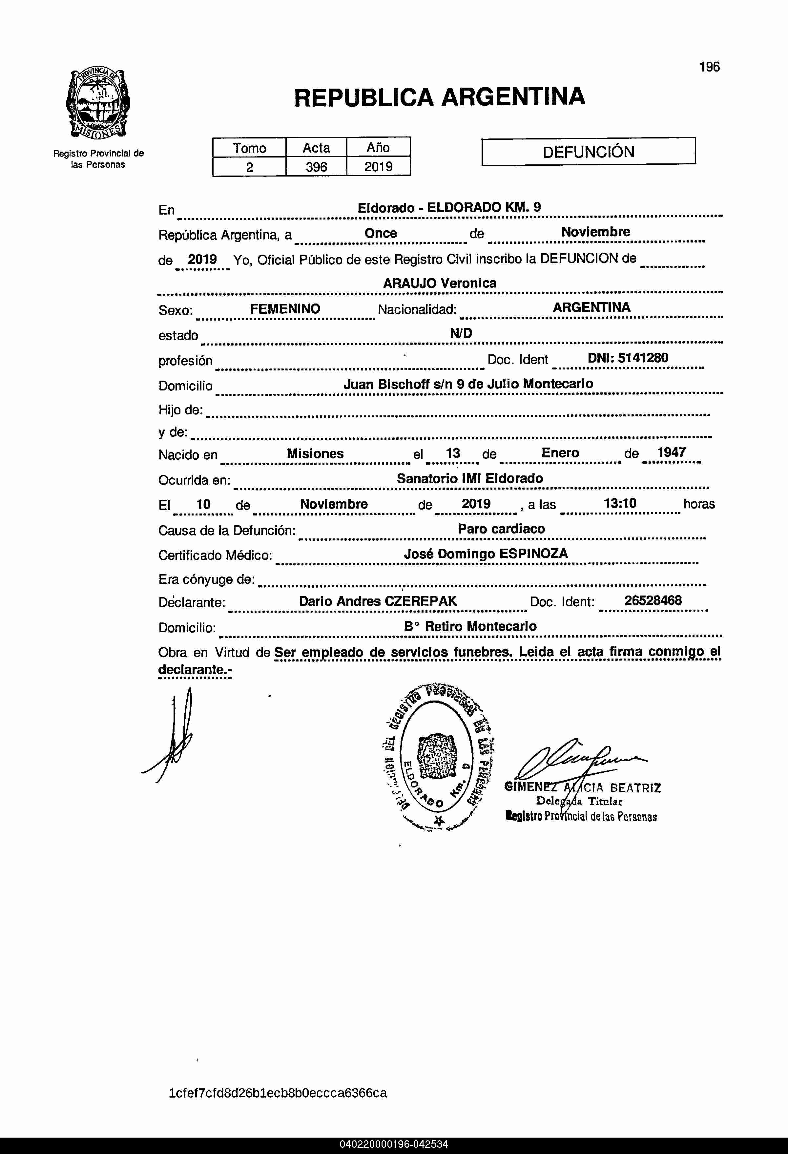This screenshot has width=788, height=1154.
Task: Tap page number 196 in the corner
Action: [709, 67]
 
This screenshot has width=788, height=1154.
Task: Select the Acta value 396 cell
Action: [316, 167]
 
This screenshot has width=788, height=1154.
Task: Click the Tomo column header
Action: [249, 148]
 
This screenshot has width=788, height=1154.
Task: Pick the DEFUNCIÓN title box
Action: [589, 152]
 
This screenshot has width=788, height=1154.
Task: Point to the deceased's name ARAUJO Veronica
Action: [439, 283]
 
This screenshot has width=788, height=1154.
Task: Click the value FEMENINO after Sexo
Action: [285, 309]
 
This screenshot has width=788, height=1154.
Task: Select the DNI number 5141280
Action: [643, 358]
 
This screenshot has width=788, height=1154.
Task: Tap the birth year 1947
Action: [671, 452]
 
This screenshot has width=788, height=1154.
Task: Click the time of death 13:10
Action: [620, 504]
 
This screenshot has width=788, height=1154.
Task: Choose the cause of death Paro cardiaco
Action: [501, 529]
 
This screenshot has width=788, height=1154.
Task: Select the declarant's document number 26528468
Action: [653, 601]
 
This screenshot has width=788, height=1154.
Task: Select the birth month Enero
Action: [560, 453]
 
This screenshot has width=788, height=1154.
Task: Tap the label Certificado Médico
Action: [215, 555]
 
